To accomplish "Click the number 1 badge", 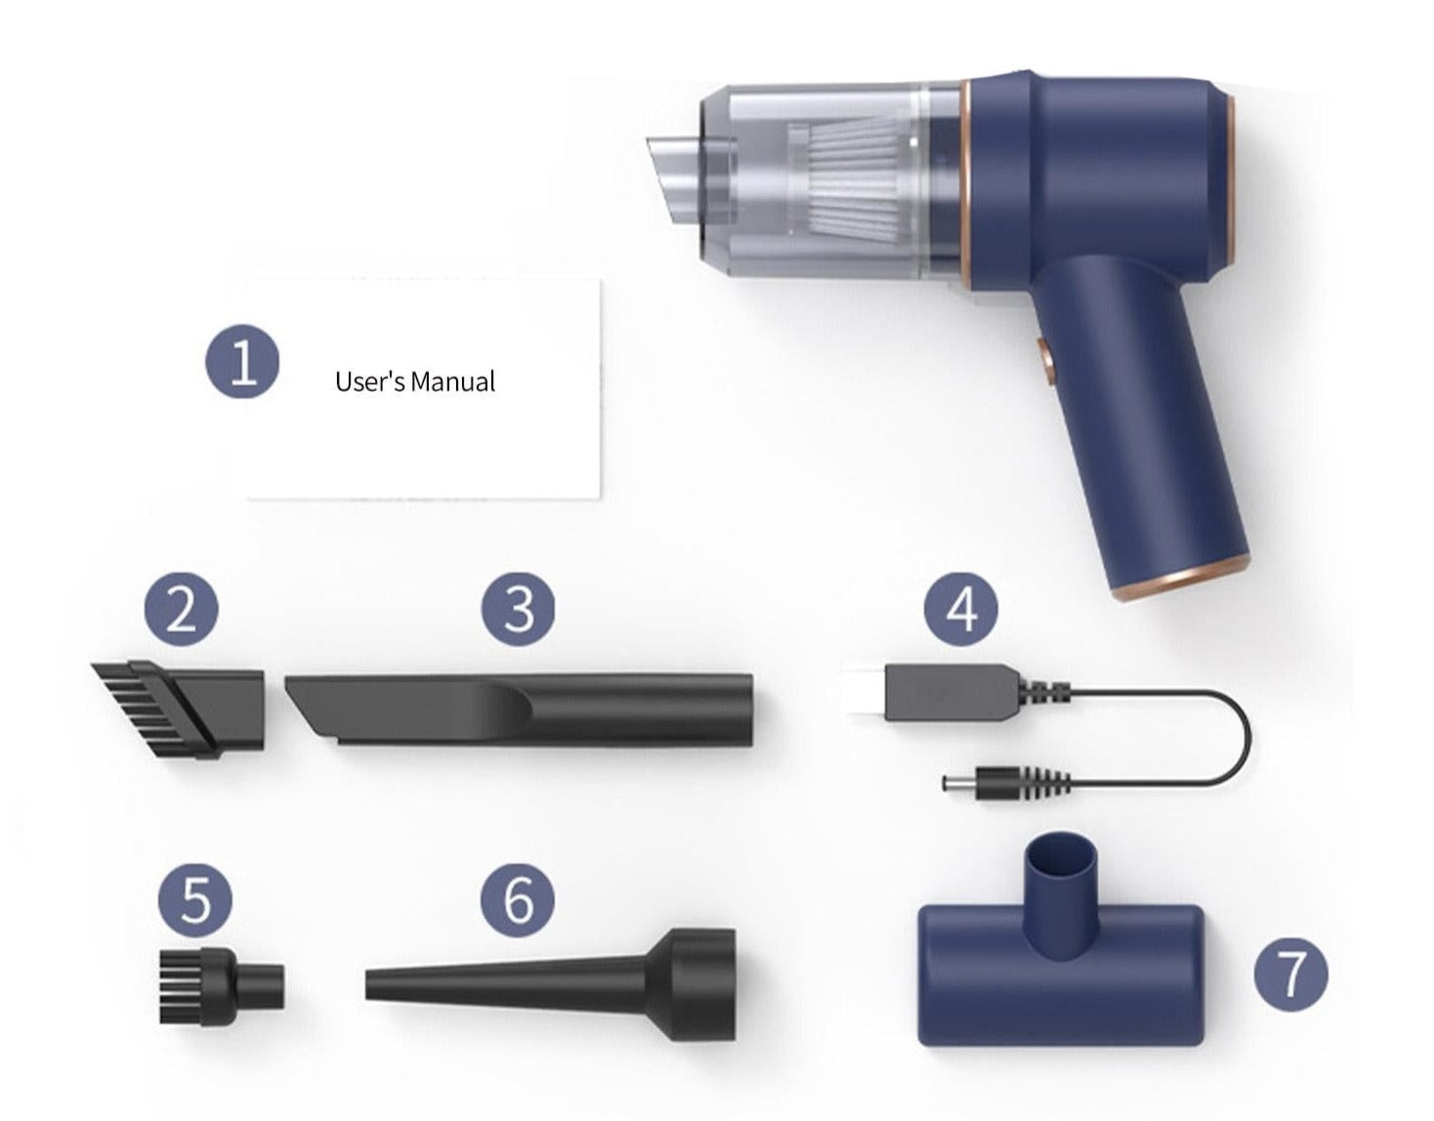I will pos(242,362).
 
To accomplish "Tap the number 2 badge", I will pos(181,612).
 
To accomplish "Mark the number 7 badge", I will pos(1291,973).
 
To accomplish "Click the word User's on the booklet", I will pos(369,381).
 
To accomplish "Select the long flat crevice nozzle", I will pos(523,709).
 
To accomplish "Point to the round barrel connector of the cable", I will pos(977,782).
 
